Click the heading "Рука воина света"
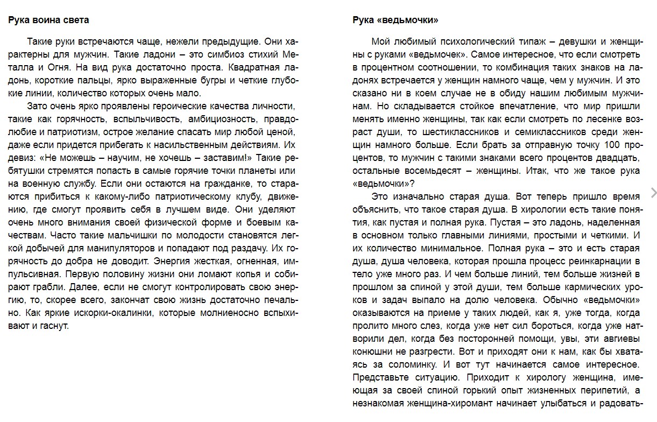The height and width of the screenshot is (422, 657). coord(48,20)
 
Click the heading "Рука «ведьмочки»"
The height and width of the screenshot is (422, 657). coord(395,20)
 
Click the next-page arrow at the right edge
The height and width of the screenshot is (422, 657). coord(653,193)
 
